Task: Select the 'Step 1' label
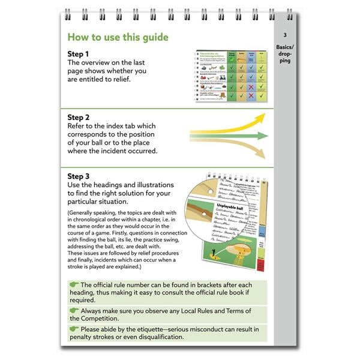[x=79, y=54]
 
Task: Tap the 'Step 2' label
[x=79, y=117]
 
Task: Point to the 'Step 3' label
[x=79, y=176]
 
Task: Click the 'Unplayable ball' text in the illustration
[x=220, y=207]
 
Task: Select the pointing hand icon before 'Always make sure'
[x=74, y=311]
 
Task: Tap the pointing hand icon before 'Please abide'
[x=74, y=329]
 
